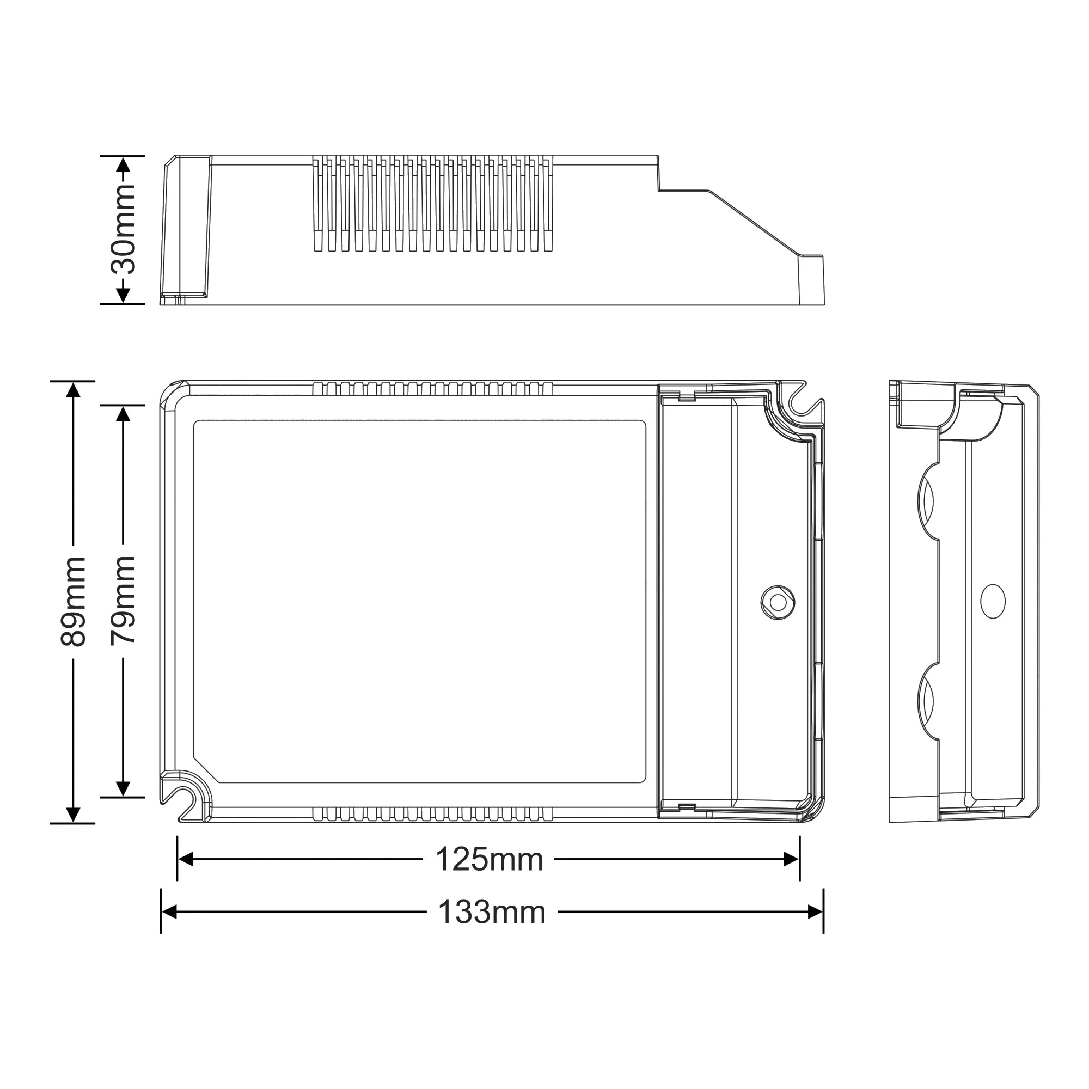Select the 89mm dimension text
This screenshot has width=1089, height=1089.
click(x=74, y=602)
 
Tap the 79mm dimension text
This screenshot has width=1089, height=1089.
click(x=124, y=599)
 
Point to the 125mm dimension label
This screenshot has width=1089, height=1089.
click(x=490, y=860)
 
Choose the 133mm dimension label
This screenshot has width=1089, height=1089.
click(x=492, y=912)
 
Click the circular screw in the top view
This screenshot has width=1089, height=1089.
click(x=778, y=603)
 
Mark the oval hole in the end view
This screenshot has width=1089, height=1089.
click(x=993, y=601)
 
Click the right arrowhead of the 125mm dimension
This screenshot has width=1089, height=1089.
click(x=792, y=860)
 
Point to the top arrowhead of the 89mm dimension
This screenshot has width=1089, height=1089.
click(x=74, y=389)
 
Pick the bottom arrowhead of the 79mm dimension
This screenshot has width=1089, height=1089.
click(x=124, y=788)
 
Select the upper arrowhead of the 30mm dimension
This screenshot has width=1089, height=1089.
click(x=124, y=164)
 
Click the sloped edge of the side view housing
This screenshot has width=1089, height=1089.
click(x=755, y=223)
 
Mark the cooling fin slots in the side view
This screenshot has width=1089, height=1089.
click(x=432, y=204)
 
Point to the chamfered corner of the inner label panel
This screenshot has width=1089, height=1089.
click(x=206, y=770)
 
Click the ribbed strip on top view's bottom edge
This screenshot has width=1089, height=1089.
click(x=432, y=813)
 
